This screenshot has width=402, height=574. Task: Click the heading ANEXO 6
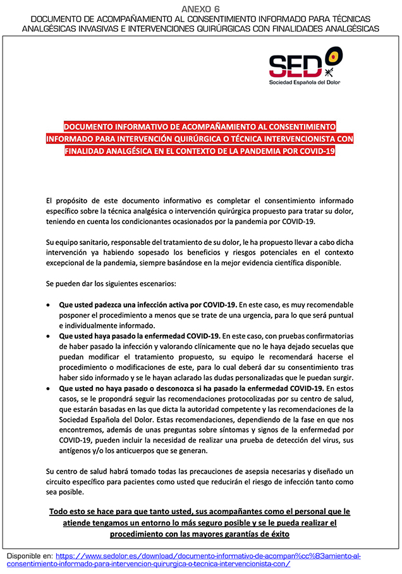[201, 8]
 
